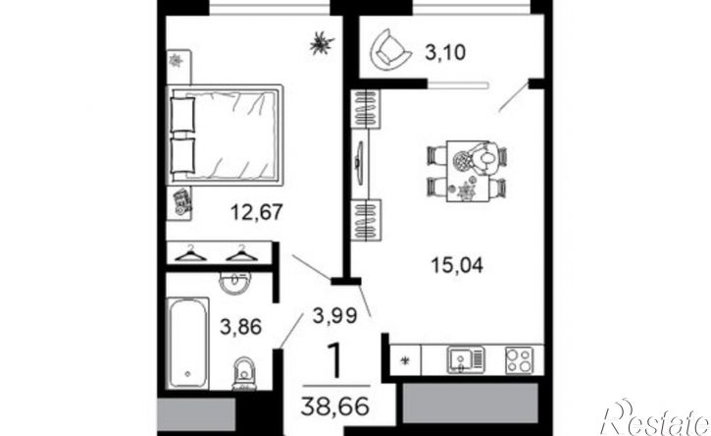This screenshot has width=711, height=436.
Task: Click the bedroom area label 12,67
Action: click(x=257, y=212)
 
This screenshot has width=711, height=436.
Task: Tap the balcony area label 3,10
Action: click(x=445, y=53)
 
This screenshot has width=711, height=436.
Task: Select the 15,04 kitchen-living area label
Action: click(x=457, y=265)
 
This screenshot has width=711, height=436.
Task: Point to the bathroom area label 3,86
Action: click(x=241, y=327)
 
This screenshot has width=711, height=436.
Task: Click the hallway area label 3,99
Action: click(x=335, y=315)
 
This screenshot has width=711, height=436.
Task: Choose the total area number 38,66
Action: click(x=335, y=406)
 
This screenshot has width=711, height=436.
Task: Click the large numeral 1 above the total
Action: click(x=334, y=360)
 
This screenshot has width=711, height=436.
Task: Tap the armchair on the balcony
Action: click(x=390, y=49)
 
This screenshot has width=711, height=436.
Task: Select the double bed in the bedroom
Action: click(x=225, y=135)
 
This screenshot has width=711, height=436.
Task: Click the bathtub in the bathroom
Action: click(x=188, y=343)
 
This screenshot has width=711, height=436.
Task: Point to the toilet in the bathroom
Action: click(x=244, y=373)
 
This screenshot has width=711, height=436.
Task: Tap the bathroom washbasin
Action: click(x=234, y=283)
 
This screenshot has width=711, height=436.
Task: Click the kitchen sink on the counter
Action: click(x=466, y=360)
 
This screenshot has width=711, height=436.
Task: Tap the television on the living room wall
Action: click(x=360, y=162)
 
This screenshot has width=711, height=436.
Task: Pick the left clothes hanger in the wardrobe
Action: click(x=191, y=253)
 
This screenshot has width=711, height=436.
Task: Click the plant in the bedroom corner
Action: click(x=322, y=43)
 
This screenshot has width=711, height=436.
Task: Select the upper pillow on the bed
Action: click(x=182, y=114)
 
